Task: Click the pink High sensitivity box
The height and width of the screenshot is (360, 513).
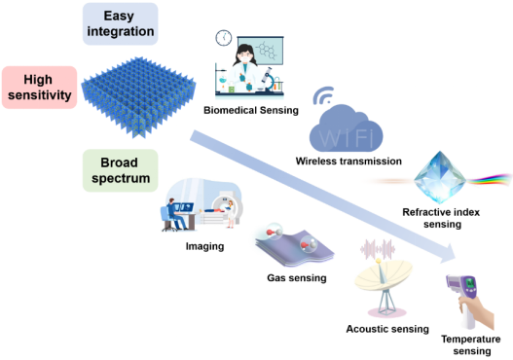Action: coord(39,88)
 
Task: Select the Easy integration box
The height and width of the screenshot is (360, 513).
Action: coord(120,24)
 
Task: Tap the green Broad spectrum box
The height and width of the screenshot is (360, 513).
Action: coord(120,170)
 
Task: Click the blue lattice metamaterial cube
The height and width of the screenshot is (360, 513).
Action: coord(138,97)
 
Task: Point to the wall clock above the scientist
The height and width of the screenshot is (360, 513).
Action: coord(224,38)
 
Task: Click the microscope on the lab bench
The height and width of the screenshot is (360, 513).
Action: coord(269,80)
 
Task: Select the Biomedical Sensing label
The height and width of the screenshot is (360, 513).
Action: coord(251,110)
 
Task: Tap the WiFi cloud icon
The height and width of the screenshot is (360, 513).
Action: coord(346,128)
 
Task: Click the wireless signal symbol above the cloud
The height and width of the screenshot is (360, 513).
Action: coord(323,95)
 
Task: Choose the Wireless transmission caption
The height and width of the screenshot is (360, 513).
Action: coord(348,161)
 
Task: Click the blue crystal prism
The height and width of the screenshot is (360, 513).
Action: coord(440,177)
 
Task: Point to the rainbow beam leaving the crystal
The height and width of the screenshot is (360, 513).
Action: coord(490,180)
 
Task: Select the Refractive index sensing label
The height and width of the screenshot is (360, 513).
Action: coord(441,218)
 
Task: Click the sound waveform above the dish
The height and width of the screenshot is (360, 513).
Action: coord(378,248)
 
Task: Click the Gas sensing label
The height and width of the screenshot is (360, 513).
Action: coord(297,278)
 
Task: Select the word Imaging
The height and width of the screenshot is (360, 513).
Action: coord(204,246)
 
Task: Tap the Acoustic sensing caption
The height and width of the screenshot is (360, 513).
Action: coord(387,329)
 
